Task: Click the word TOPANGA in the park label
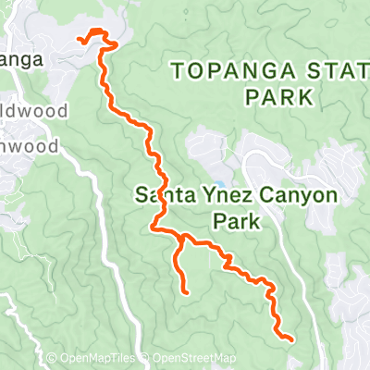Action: coord(215,68)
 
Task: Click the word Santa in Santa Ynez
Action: coord(158,196)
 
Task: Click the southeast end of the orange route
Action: coord(292,339)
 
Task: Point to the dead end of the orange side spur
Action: coord(186,292)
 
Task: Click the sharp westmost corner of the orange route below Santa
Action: coord(153,228)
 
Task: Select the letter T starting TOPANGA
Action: coord(178,68)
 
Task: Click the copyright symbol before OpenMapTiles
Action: coord(53,359)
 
